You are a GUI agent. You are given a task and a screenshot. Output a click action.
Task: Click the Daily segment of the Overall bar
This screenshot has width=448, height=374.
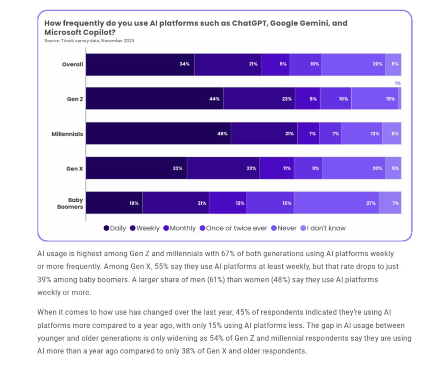coord(140,64)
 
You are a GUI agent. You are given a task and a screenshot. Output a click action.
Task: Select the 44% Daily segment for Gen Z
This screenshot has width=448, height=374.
coord(154,99)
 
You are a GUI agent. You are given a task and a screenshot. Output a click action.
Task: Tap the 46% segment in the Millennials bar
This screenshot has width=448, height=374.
coord(158,134)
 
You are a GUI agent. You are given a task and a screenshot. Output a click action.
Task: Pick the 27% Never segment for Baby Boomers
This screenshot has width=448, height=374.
coord(336,203)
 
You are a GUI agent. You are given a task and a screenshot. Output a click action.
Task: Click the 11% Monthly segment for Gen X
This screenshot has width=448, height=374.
coord(276,168)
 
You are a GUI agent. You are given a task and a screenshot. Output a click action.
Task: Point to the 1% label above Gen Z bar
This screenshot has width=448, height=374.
coord(398,83)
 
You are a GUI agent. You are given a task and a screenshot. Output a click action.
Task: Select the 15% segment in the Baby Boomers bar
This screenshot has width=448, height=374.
coord(270,203)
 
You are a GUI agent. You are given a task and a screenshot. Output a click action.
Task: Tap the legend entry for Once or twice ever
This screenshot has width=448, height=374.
coord(233,228)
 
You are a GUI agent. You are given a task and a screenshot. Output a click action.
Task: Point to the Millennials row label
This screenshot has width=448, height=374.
coord(67,134)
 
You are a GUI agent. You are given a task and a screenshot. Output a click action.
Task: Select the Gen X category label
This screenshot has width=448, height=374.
coord(74,169)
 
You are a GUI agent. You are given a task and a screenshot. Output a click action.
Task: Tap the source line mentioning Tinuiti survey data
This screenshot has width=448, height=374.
coord(89,41)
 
